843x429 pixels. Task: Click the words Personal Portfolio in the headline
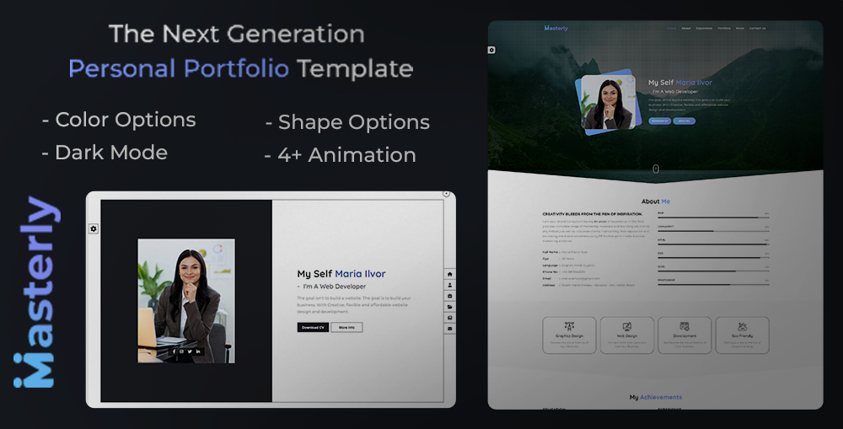coord(178,67)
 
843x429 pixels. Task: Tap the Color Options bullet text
coord(125,120)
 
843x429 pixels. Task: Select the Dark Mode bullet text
coord(110,153)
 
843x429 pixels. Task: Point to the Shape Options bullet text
coord(353,122)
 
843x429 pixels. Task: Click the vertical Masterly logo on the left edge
coord(35,292)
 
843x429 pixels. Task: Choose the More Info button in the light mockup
coord(346,327)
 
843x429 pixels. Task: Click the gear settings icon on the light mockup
coord(94,228)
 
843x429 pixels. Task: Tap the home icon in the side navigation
coord(450,274)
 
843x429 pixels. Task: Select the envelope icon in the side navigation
coord(450,328)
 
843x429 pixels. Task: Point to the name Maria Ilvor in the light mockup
coord(360,274)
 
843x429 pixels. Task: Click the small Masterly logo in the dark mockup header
coord(556,28)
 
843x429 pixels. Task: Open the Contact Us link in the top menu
coord(757,28)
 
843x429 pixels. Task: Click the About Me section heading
coord(655,201)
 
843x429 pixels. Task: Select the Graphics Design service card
coord(569,334)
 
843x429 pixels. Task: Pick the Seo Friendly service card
coord(742,334)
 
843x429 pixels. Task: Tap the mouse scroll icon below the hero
coord(656,169)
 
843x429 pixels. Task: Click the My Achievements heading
coord(655,397)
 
